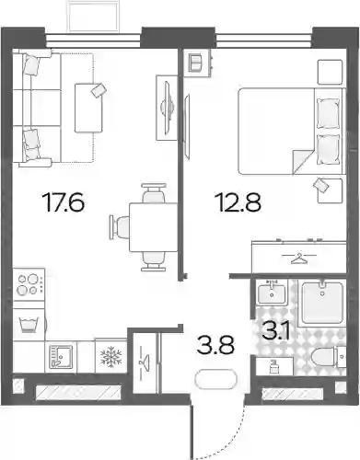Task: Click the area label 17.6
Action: click(64, 202)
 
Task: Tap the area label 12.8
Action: click(238, 202)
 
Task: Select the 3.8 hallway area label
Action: click(216, 345)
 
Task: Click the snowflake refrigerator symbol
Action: click(110, 356)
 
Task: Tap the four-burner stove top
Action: click(29, 285)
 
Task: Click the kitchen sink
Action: click(61, 356)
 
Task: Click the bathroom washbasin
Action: click(272, 293)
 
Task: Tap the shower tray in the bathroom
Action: click(322, 303)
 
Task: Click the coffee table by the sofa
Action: click(88, 108)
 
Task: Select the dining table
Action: click(154, 227)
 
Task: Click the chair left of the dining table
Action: click(119, 227)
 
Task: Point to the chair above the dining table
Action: click(154, 193)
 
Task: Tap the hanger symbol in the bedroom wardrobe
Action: click(299, 259)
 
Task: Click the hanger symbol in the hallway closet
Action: click(145, 362)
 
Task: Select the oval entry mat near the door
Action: click(216, 380)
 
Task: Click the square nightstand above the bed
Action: click(330, 72)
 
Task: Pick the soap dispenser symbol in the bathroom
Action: click(273, 366)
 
